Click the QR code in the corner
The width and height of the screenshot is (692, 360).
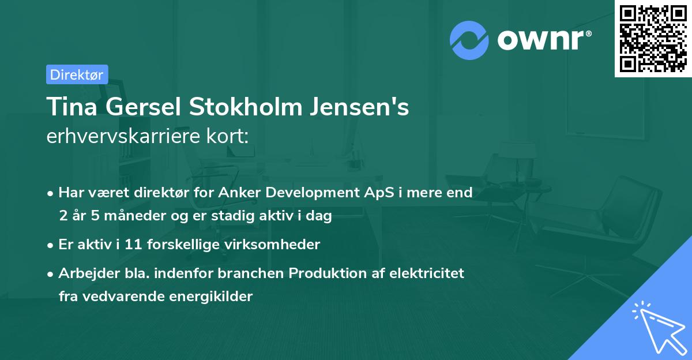coord(653,39)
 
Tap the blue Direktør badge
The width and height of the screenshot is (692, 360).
coord(77,74)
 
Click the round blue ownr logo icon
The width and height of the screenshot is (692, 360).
coord(469,40)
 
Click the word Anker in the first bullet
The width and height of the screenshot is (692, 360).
coord(240,192)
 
